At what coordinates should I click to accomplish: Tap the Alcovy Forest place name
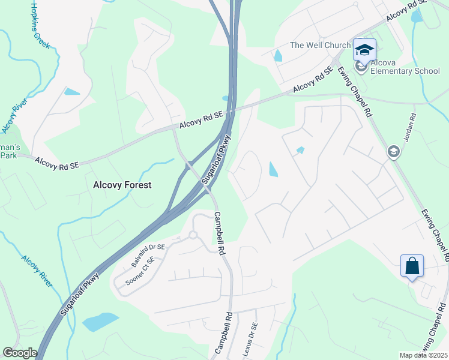122,185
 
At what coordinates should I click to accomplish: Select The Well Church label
320,45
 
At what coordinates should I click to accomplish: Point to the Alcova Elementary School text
405,66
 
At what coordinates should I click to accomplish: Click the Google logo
20,353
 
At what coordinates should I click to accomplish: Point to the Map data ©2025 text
423,355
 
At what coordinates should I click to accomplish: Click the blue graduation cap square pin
364,49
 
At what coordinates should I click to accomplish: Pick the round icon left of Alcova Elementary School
361,65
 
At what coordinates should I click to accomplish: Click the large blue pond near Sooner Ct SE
100,322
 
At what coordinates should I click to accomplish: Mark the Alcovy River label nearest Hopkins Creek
14,115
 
